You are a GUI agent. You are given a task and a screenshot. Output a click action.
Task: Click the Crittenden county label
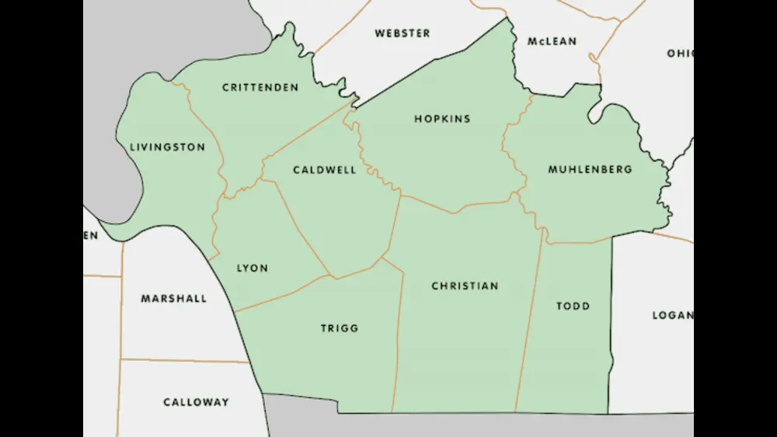pyautogui.click(x=260, y=88)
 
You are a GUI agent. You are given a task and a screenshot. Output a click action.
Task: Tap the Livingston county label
pyautogui.click(x=167, y=147)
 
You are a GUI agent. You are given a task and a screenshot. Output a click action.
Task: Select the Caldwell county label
pyautogui.click(x=325, y=170)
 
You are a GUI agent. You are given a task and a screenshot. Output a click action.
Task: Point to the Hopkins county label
pyautogui.click(x=442, y=119)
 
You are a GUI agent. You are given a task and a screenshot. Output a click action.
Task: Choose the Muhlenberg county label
pyautogui.click(x=590, y=169)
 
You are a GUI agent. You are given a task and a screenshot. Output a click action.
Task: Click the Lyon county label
pyautogui.click(x=252, y=268)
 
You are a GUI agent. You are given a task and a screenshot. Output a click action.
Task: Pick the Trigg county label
pyautogui.click(x=340, y=328)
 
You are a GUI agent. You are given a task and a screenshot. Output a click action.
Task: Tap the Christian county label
pyautogui.click(x=465, y=286)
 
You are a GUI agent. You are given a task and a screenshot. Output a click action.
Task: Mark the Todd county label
pyautogui.click(x=573, y=306)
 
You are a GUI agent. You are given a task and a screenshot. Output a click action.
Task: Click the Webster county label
pyautogui.click(x=402, y=33)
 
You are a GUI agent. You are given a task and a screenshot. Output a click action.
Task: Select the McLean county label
pyautogui.click(x=551, y=41)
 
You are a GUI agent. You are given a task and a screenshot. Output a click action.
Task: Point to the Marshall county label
pyautogui.click(x=174, y=299)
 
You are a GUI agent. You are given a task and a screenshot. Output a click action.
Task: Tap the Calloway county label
pyautogui.click(x=196, y=402)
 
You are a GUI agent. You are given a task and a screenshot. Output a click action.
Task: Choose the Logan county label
pyautogui.click(x=671, y=315)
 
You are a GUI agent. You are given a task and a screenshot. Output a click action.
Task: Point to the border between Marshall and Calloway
pyautogui.click(x=186, y=360)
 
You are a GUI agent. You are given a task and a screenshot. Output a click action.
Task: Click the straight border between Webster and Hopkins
pyautogui.click(x=435, y=61)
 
